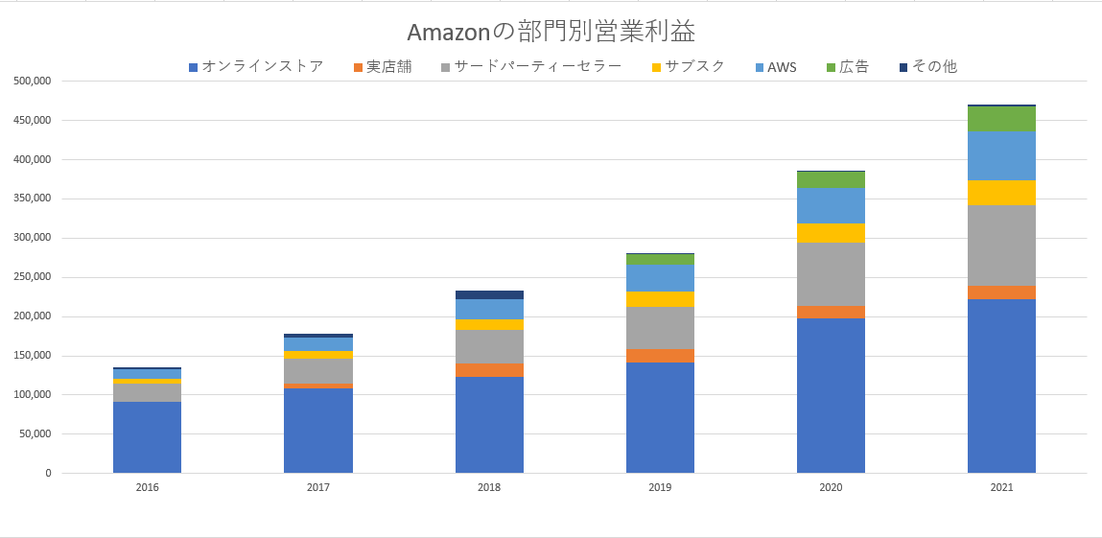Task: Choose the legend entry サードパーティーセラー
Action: click(x=537, y=67)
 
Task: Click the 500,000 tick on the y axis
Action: click(x=33, y=82)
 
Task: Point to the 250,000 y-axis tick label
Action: click(x=33, y=277)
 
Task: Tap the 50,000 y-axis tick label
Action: click(x=35, y=433)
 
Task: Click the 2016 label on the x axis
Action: click(x=148, y=488)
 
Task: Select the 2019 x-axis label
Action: click(x=660, y=488)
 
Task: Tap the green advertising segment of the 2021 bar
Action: click(x=1001, y=119)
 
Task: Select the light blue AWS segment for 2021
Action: click(x=1001, y=155)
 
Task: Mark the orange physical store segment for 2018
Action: click(x=489, y=370)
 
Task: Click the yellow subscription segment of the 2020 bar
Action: click(x=831, y=233)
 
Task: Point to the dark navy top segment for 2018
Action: click(x=489, y=294)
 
